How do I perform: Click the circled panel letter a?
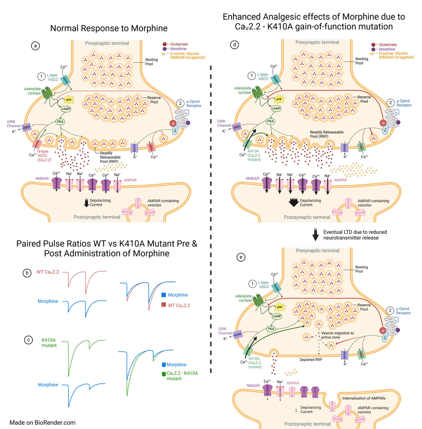(35, 46)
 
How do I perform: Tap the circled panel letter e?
(241, 257)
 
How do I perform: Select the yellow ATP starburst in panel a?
(68, 100)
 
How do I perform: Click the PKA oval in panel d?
(270, 121)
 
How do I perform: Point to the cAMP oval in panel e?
(277, 316)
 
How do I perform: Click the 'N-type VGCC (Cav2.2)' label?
(43, 156)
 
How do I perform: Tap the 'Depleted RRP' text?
(311, 360)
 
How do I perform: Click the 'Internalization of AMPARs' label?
(364, 398)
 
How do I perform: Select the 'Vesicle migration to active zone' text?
(337, 335)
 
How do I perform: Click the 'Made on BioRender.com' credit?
(43, 422)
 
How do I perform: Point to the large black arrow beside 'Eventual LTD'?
(315, 234)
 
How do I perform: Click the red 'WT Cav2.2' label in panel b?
(48, 272)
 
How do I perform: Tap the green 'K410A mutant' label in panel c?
(49, 343)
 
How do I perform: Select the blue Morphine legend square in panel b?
(163, 295)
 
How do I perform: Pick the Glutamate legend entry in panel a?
(175, 44)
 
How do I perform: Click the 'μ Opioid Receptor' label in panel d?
(404, 103)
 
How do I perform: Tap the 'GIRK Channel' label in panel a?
(14, 124)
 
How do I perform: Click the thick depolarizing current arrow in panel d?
(293, 202)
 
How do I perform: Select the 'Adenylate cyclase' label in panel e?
(244, 298)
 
